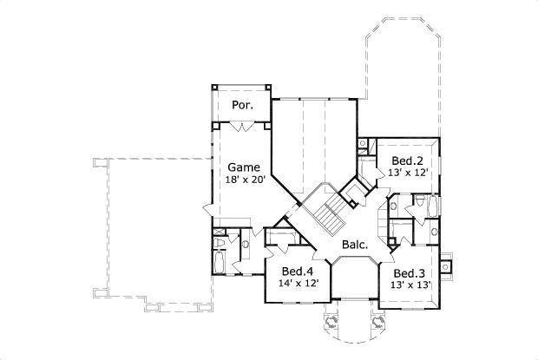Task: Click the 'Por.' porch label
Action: (241, 105)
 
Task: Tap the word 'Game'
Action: (245, 167)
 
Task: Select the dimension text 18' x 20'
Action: (245, 180)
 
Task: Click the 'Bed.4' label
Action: (299, 270)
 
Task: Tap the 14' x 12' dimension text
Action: (299, 283)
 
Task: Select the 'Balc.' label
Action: (354, 245)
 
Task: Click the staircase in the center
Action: (328, 213)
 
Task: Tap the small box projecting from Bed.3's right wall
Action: (446, 265)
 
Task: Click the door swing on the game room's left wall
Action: (208, 211)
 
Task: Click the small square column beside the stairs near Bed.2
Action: (352, 204)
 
